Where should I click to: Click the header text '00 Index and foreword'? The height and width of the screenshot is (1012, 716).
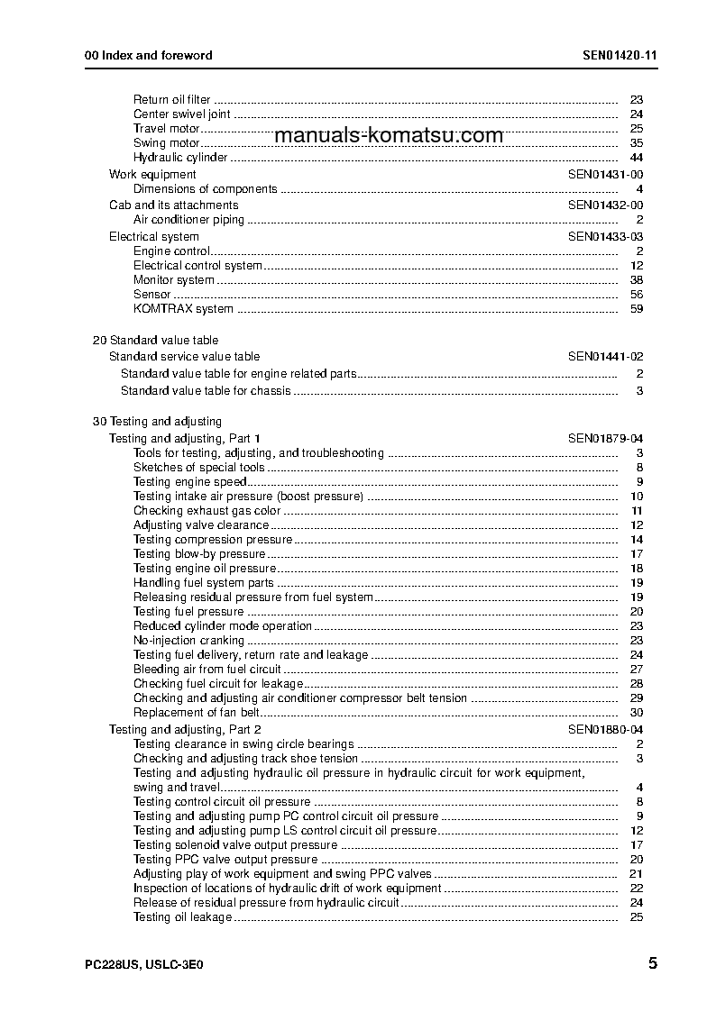[148, 55]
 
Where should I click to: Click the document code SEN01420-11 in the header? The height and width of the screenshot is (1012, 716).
[620, 55]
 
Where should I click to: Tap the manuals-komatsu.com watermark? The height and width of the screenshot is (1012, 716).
[388, 136]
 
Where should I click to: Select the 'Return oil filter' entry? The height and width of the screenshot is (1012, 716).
[171, 100]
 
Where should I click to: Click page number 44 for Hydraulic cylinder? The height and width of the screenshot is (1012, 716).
[636, 158]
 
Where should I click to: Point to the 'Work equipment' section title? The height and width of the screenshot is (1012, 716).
[152, 174]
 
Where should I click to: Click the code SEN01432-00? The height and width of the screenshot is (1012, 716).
[605, 205]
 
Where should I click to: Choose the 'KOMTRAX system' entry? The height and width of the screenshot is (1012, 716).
[183, 309]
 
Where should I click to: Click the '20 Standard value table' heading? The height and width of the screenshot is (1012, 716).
[155, 341]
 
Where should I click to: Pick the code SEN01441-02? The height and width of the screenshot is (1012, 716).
[605, 357]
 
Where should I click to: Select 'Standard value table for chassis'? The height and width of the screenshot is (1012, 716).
[206, 391]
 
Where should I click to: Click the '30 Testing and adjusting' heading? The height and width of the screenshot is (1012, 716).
[157, 422]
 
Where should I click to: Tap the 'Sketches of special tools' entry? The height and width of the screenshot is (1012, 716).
[198, 468]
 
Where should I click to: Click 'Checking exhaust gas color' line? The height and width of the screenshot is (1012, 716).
[207, 511]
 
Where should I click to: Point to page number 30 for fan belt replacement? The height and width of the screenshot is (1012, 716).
[636, 713]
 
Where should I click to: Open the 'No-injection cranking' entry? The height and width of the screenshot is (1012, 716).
[188, 641]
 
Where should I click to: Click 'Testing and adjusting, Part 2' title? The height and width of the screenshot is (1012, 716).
[185, 729]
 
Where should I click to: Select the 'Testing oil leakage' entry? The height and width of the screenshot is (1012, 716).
[182, 917]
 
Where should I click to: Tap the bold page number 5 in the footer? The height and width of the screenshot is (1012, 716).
[652, 963]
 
